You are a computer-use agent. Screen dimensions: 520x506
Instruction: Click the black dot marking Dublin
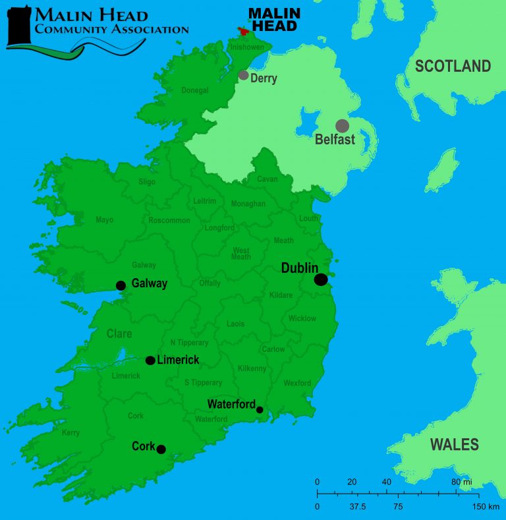coord(321,279)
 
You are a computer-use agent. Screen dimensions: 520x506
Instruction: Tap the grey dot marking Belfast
coord(342,126)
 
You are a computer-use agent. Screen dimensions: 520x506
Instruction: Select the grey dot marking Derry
coord(244,75)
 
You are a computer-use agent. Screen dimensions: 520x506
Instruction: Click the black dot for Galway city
coord(121,285)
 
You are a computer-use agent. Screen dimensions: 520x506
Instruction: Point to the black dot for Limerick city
coord(150,361)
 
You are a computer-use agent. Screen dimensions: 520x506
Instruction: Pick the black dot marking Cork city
coord(161,449)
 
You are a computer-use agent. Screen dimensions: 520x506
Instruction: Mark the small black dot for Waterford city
coord(260,410)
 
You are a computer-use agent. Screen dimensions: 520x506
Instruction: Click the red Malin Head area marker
coord(244,31)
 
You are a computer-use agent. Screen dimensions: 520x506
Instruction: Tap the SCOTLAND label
coord(453,66)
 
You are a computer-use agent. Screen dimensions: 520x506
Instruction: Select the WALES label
coord(455,444)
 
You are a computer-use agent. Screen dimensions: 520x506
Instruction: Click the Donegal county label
coord(195,90)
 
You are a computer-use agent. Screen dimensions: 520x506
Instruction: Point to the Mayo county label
coord(105,220)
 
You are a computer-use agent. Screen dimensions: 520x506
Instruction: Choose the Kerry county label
coord(70,433)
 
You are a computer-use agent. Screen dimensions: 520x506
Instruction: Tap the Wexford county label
coord(297,383)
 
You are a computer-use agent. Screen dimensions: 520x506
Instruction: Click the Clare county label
coord(119,334)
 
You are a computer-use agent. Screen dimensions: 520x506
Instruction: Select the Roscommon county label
coord(169,220)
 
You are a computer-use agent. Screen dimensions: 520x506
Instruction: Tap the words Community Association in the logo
coord(111,29)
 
